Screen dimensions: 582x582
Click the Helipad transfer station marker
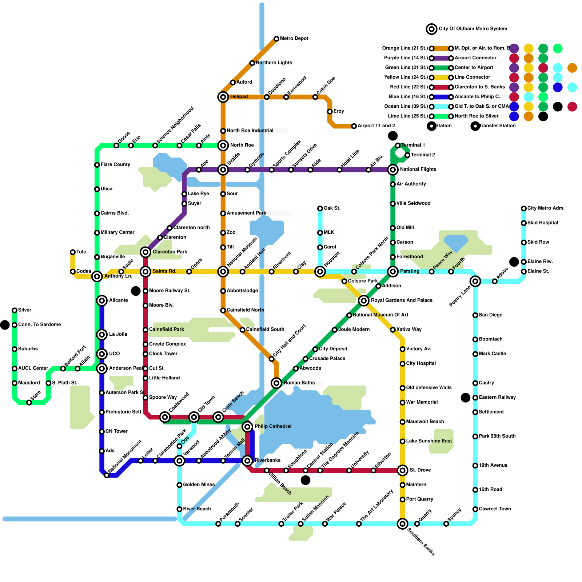click(223, 97)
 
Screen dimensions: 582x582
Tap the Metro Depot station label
click(294, 39)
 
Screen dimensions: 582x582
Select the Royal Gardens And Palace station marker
click(364, 300)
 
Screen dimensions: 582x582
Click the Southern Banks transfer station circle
click(402, 524)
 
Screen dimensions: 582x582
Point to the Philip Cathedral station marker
click(247, 427)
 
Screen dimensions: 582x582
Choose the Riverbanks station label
click(267, 461)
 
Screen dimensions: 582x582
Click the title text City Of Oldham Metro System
click(473, 29)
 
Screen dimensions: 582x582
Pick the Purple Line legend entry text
click(406, 58)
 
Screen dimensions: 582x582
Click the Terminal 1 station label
click(413, 145)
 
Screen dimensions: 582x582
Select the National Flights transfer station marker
click(393, 170)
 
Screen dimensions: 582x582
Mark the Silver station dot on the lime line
click(15, 310)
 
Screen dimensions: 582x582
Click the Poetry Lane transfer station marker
click(475, 281)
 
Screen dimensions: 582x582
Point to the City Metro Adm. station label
click(546, 208)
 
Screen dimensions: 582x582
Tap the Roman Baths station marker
click(276, 383)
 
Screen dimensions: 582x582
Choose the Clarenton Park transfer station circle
click(145, 252)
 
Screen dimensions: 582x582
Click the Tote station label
click(81, 252)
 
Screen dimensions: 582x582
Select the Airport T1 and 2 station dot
click(354, 126)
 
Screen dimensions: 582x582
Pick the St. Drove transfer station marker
click(402, 470)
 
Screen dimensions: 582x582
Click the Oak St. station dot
click(320, 208)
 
